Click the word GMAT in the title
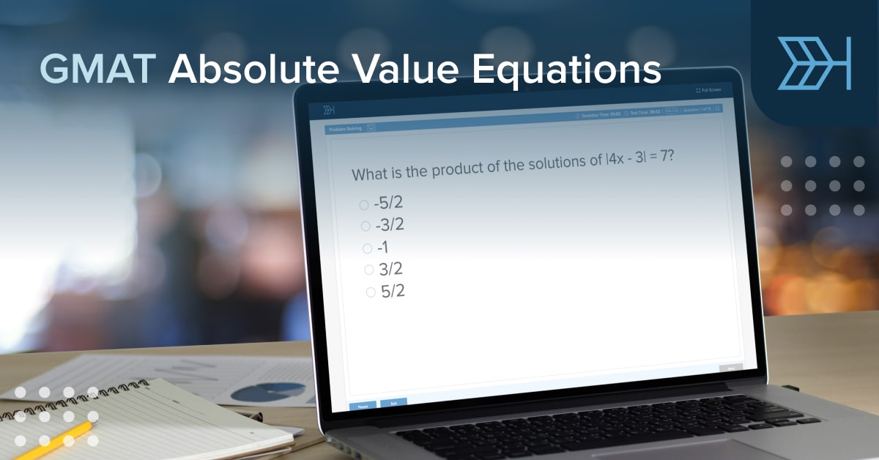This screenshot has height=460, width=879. pyautogui.click(x=97, y=70)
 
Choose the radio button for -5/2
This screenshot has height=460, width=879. pyautogui.click(x=364, y=205)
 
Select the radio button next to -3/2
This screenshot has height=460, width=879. pyautogui.click(x=366, y=226)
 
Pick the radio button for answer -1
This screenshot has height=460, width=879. pyautogui.click(x=367, y=248)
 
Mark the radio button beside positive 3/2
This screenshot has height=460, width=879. pyautogui.click(x=369, y=270)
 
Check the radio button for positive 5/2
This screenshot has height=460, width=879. pyautogui.click(x=371, y=293)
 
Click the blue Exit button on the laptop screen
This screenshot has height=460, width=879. pyautogui.click(x=393, y=402)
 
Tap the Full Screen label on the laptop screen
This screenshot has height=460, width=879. pyautogui.click(x=708, y=90)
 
